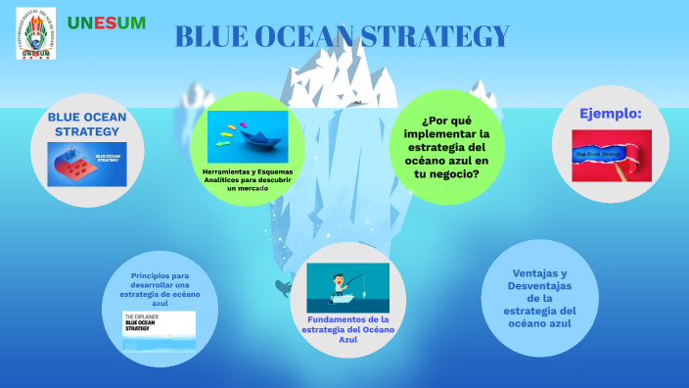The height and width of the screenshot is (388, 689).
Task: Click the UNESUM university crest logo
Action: pyautogui.click(x=36, y=33)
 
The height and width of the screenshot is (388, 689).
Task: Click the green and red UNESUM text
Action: pyautogui.click(x=107, y=23)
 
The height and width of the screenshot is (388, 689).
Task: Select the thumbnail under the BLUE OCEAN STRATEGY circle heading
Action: pyautogui.click(x=87, y=165)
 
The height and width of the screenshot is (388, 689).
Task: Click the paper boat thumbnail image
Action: pyautogui.click(x=248, y=136)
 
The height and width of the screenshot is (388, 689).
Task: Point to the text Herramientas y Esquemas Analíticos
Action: pyautogui.click(x=248, y=179)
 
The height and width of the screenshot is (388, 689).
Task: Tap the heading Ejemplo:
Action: pyautogui.click(x=611, y=115)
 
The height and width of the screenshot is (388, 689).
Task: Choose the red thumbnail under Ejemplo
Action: pyautogui.click(x=611, y=155)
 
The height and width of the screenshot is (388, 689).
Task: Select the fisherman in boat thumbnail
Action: pyautogui.click(x=347, y=287)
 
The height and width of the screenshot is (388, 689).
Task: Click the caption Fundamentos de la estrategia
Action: pyautogui.click(x=347, y=328)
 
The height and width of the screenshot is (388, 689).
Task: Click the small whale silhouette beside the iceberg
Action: pyautogui.click(x=283, y=287)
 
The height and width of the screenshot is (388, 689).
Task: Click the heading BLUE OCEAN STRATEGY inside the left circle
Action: pyautogui.click(x=87, y=123)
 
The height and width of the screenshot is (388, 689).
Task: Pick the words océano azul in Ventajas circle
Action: pyautogui.click(x=539, y=323)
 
